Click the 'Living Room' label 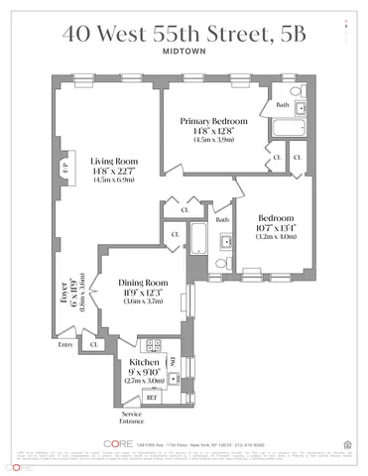click(x=114, y=162)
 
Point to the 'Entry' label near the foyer click(x=65, y=345)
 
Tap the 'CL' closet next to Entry click(x=95, y=345)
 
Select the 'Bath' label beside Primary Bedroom click(x=283, y=104)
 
